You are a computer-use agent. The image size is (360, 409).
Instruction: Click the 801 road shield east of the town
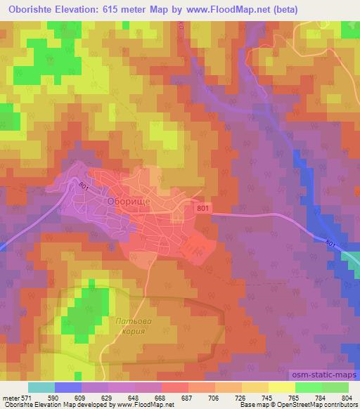tap(203, 208)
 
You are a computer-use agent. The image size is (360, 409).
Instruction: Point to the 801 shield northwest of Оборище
tap(84, 186)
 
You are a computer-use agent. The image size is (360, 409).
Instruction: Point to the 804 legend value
tap(345, 398)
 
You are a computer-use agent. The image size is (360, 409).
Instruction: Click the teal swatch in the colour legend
tap(41, 387)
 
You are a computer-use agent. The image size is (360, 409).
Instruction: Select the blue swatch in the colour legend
tap(67, 387)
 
